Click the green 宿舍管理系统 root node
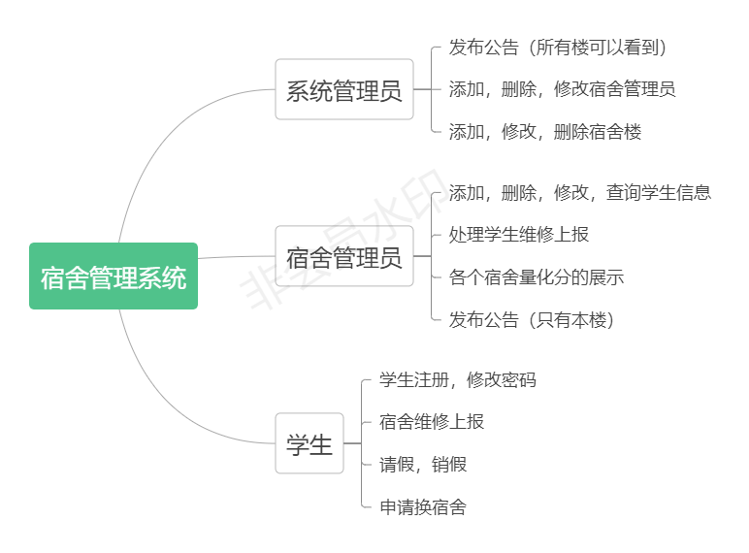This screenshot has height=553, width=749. [114, 276]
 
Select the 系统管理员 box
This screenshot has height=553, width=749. [344, 89]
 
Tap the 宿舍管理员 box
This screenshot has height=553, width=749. [344, 256]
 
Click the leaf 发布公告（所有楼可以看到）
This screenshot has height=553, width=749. [557, 48]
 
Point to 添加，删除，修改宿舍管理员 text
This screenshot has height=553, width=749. [562, 89]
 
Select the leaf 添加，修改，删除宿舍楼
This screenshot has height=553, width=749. [544, 131]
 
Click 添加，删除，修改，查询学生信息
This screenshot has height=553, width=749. [579, 192]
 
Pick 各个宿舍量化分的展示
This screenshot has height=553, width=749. [536, 276]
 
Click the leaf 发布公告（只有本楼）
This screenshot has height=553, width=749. [531, 319]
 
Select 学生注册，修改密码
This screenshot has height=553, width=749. [457, 379]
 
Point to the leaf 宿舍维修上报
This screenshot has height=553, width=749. [431, 421]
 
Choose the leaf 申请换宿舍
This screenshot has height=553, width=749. [422, 506]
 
